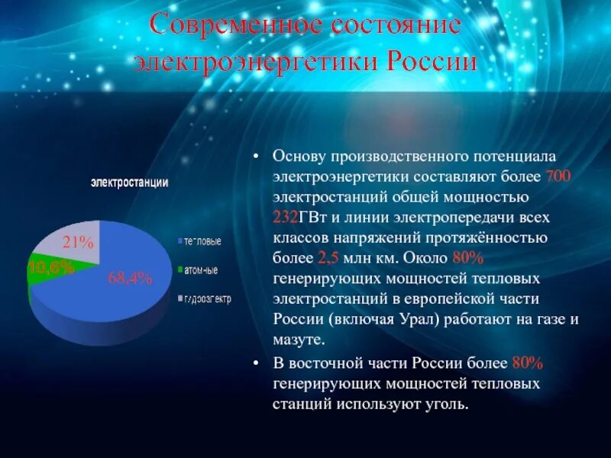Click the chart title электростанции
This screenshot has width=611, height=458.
point(130,182)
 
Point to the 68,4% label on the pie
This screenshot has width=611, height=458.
point(130,278)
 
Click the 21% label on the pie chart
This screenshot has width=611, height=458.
point(78,243)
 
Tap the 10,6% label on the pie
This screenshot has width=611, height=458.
point(51,267)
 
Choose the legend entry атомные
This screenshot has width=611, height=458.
point(199,269)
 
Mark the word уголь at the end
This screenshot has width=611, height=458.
point(446,404)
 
